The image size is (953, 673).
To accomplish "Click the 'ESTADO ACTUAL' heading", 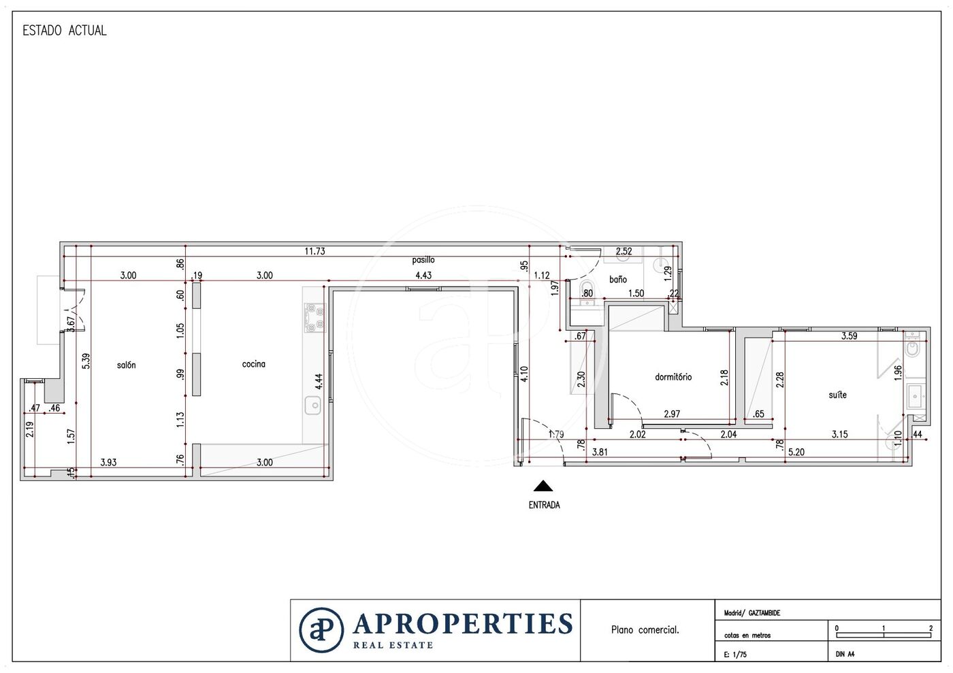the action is [64, 31].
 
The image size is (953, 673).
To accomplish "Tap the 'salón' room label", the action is [127, 365].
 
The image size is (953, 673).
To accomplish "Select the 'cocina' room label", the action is [253, 364].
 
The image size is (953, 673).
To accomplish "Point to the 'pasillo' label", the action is [423, 259].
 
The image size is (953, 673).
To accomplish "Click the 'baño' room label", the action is [618, 279].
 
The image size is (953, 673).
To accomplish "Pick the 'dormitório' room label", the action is [673, 376].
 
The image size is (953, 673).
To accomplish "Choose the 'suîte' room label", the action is [838, 395].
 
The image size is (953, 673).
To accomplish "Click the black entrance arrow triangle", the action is [543, 486].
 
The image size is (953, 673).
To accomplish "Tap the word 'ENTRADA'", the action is [544, 505].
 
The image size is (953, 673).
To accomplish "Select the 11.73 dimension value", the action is [314, 251].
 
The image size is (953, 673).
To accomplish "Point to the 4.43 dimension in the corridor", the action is [423, 275].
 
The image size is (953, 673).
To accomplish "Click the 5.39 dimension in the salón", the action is [86, 361].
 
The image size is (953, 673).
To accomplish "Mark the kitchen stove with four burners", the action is [314, 318].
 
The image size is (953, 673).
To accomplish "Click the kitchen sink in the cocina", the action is [312, 406].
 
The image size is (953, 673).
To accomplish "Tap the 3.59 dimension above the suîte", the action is [850, 335].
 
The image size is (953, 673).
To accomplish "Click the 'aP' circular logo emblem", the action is [321, 629].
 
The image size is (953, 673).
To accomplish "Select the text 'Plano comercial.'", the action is [645, 629].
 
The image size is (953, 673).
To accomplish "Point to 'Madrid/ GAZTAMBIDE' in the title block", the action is [752, 613].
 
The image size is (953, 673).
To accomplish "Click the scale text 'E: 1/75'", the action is [735, 654].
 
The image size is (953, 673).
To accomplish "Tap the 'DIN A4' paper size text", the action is [845, 654].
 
